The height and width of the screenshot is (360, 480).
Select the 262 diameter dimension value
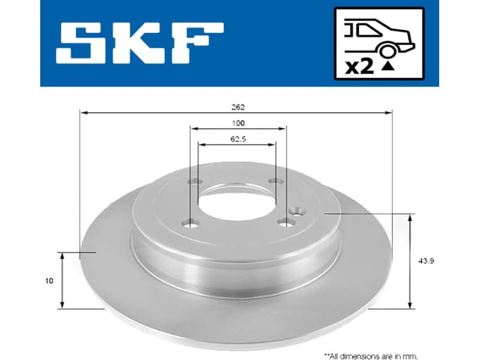238,107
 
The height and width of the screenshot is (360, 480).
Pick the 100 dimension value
238,124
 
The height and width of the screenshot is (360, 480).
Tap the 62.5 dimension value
238,139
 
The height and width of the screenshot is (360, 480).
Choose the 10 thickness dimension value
49,280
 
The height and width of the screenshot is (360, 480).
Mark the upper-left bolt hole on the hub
193,183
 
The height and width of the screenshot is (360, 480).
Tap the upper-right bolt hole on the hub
275,181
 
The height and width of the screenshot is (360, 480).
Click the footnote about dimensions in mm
370,355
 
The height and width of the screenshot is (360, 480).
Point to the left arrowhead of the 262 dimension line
83,112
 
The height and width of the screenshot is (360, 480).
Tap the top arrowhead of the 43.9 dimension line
410,217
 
